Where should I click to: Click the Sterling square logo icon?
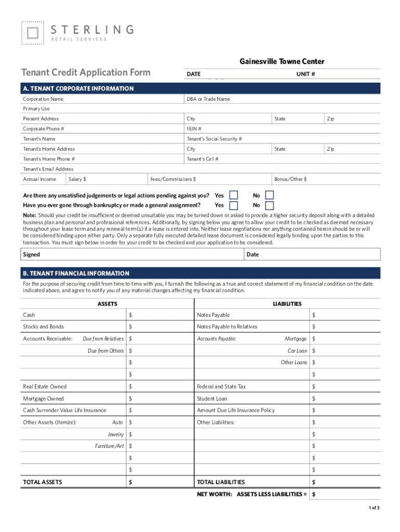click(x=32, y=33)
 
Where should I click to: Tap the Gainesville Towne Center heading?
click(x=282, y=61)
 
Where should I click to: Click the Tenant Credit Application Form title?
click(x=86, y=73)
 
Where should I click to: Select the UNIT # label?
click(x=305, y=74)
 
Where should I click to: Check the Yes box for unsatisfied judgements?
click(x=234, y=195)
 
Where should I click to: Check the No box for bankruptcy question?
click(x=269, y=205)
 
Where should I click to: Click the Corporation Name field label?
click(x=43, y=99)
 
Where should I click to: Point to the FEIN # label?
click(x=194, y=129)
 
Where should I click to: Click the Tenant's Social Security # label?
click(x=214, y=139)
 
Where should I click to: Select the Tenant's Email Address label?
click(x=48, y=169)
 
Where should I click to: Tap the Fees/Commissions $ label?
click(x=173, y=179)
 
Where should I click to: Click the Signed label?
click(x=32, y=255)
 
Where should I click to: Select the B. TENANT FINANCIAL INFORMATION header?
click(x=75, y=273)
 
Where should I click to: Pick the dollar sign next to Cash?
click(x=130, y=315)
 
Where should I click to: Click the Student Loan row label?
click(x=212, y=399)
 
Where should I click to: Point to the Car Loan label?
click(x=297, y=351)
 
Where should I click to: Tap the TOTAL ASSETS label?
click(x=42, y=482)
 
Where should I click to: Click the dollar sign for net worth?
click(x=314, y=495)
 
